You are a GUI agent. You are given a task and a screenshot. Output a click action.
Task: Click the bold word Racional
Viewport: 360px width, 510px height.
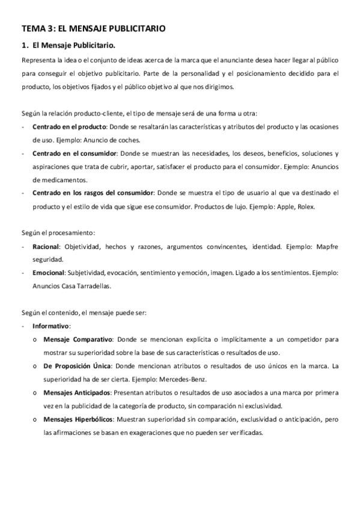click(x=46, y=246)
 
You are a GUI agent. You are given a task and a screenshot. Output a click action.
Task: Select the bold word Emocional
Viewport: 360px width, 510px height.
click(x=49, y=272)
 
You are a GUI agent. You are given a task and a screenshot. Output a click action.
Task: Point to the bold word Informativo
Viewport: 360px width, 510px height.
click(x=52, y=326)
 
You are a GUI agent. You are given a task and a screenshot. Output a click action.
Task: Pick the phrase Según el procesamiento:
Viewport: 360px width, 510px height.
click(x=59, y=233)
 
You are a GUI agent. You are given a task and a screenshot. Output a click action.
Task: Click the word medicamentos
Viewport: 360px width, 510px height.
click(x=67, y=179)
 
